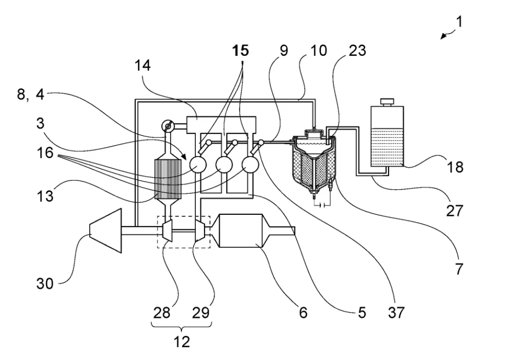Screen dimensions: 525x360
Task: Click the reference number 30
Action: pyautogui.click(x=45, y=284)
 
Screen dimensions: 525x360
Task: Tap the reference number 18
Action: pyautogui.click(x=455, y=167)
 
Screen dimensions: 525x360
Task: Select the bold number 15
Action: pyautogui.click(x=240, y=51)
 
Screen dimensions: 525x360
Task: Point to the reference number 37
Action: pyautogui.click(x=396, y=312)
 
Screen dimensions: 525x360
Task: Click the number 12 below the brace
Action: pyautogui.click(x=182, y=342)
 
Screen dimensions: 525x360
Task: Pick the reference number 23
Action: pyautogui.click(x=357, y=51)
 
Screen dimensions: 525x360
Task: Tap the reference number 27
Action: pyautogui.click(x=454, y=211)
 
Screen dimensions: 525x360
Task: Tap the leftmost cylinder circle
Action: pyautogui.click(x=198, y=164)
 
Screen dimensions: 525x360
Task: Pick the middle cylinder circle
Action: pyautogui.click(x=224, y=164)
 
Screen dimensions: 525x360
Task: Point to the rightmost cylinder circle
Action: pyautogui.click(x=250, y=164)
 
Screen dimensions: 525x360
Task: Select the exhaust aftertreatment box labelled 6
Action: pyautogui.click(x=240, y=231)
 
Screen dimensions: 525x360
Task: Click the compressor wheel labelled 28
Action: pyautogui.click(x=167, y=230)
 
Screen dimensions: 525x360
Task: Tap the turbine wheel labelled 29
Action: pyautogui.click(x=200, y=230)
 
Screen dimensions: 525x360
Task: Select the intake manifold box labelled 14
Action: pyautogui.click(x=221, y=125)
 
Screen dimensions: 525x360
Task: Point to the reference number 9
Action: pyautogui.click(x=284, y=51)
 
